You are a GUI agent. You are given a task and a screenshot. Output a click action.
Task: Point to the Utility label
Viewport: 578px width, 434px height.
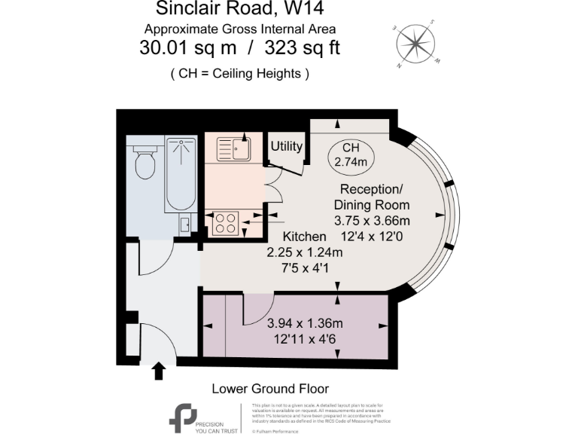tap(287, 146)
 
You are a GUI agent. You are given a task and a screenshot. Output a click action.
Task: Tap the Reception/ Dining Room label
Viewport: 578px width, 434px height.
tap(375, 196)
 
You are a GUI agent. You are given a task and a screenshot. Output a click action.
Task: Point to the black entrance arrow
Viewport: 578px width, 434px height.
tap(159, 370)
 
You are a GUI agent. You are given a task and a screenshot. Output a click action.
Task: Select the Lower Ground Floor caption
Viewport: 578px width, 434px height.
tap(270, 389)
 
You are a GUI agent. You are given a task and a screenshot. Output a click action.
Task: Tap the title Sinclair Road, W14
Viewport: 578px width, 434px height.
tap(240, 10)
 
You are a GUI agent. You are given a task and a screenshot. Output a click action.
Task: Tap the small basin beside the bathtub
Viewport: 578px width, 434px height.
tap(185, 224)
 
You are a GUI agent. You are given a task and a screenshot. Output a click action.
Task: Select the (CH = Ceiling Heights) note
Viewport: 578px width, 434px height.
tap(240, 74)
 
